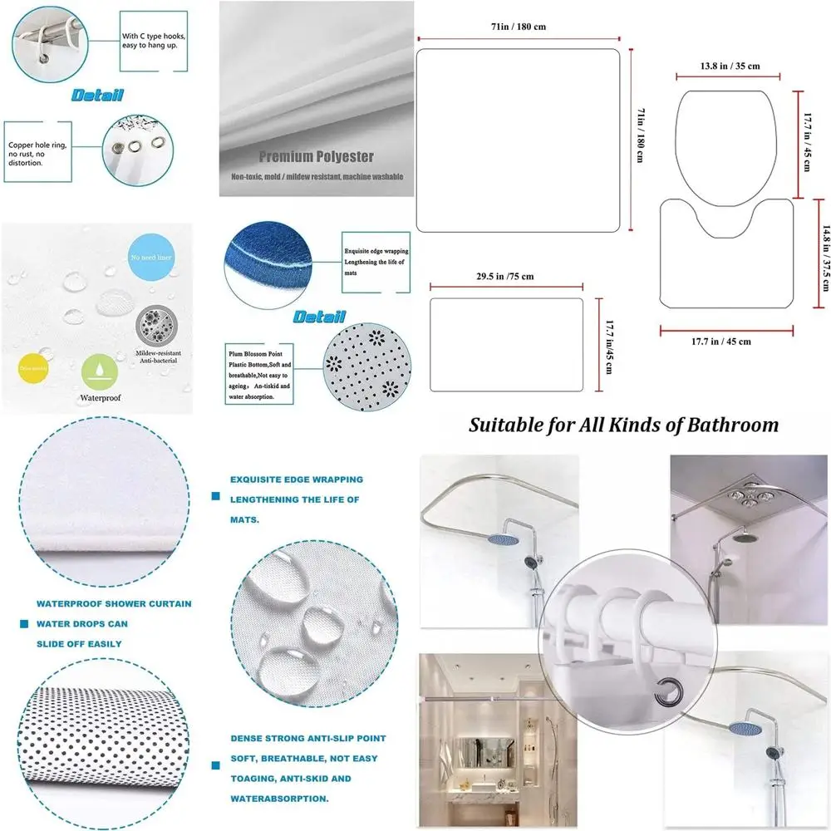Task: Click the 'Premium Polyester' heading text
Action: coord(316,156)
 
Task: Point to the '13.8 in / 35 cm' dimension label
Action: coord(730,66)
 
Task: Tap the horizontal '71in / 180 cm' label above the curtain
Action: coord(519,27)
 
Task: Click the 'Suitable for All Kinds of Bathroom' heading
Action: coord(623,425)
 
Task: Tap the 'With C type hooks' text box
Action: coord(155,41)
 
